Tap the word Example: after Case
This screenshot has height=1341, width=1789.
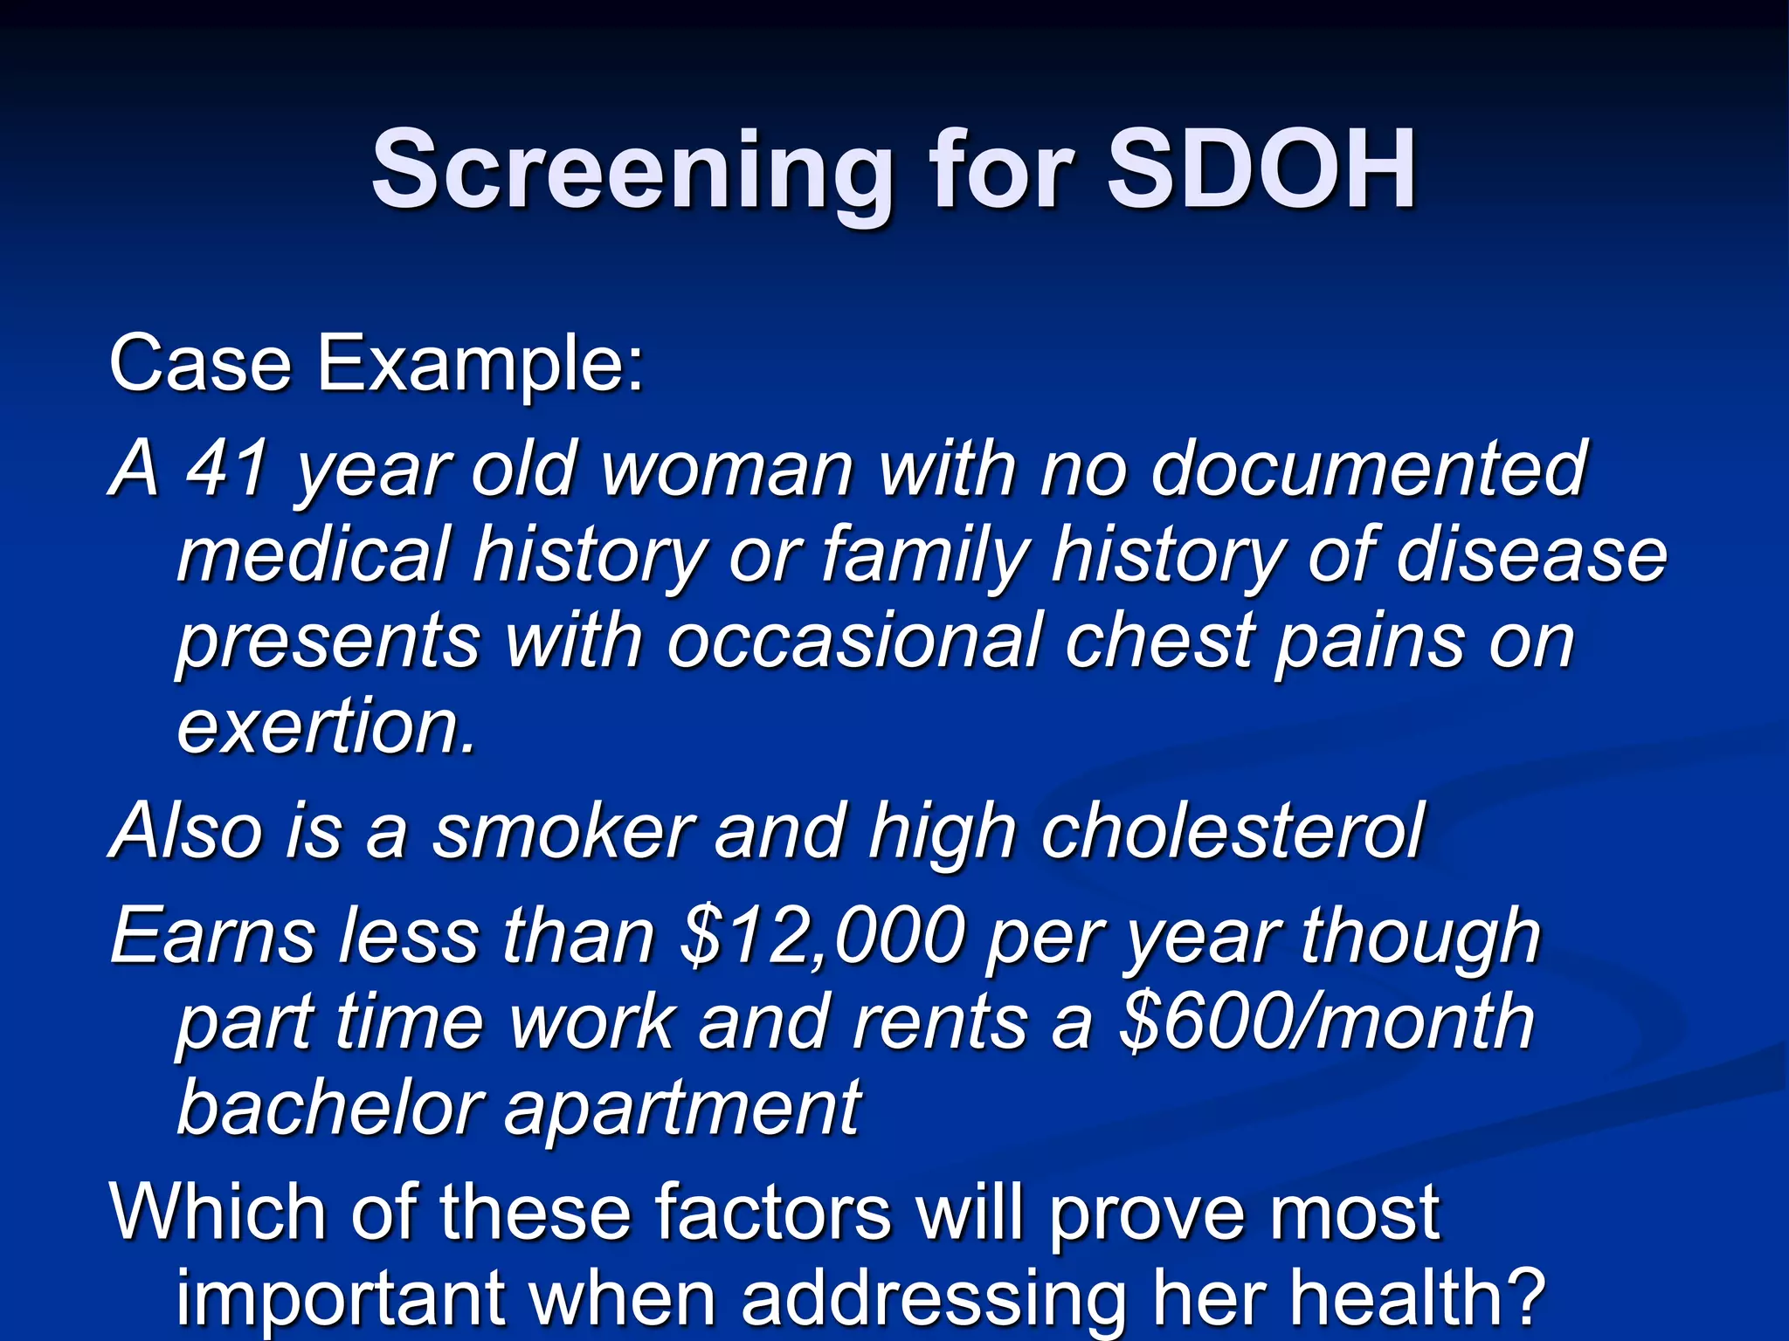click(x=480, y=365)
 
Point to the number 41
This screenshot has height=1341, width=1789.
click(x=229, y=470)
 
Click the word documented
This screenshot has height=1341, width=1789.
click(x=1368, y=470)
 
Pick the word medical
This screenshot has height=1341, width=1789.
click(x=314, y=555)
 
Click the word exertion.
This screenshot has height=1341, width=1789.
click(x=327, y=726)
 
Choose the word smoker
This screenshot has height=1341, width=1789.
click(x=564, y=830)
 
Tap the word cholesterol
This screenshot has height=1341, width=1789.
click(x=1232, y=830)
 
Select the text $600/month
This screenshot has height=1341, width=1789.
click(x=1327, y=1022)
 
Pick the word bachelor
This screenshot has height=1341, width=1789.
click(x=328, y=1107)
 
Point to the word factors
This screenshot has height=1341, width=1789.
click(x=774, y=1214)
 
